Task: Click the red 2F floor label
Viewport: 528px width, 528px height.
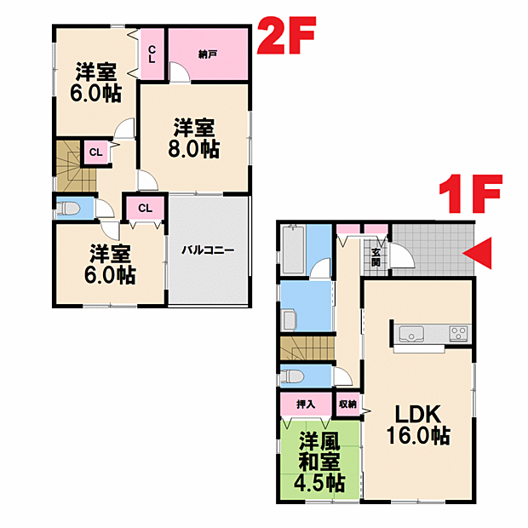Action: click(286, 36)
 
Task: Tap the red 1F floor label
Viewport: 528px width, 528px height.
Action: click(471, 194)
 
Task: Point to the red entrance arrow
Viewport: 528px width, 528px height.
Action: click(477, 253)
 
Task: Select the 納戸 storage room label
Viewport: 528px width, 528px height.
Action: click(208, 54)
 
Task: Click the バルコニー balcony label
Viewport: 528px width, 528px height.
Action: click(208, 250)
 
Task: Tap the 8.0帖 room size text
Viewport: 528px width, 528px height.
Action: click(193, 148)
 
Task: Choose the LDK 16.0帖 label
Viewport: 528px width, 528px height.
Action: click(418, 424)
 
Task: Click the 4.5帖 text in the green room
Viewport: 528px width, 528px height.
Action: click(319, 483)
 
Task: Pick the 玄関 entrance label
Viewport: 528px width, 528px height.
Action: click(376, 257)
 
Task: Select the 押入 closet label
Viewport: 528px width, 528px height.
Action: click(306, 404)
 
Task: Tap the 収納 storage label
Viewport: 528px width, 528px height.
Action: click(347, 404)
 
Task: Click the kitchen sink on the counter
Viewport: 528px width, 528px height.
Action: click(411, 334)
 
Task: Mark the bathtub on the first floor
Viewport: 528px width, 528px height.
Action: click(293, 250)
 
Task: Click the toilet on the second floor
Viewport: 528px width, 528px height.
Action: click(68, 208)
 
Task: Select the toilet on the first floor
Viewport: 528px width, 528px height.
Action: click(292, 376)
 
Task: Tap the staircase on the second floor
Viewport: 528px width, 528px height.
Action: click(76, 166)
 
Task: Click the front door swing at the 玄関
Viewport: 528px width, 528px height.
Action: click(401, 255)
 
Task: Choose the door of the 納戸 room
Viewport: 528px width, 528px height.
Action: click(180, 72)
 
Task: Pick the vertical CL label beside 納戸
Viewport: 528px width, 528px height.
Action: click(152, 55)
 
